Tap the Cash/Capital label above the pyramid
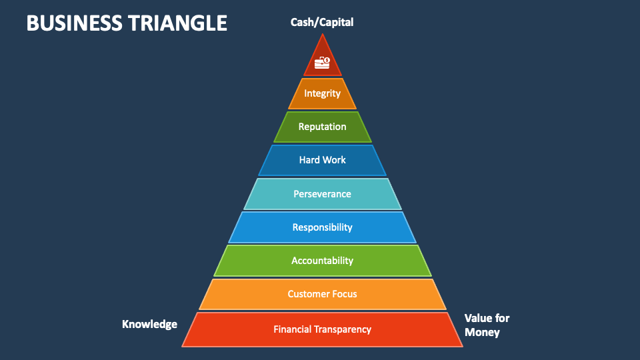click(x=322, y=22)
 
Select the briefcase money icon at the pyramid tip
click(x=323, y=62)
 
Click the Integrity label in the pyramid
click(x=323, y=93)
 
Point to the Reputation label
click(x=323, y=127)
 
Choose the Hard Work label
click(x=323, y=160)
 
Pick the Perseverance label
click(x=323, y=194)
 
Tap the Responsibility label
click(x=323, y=227)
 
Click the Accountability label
click(x=323, y=261)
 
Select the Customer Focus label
click(x=323, y=294)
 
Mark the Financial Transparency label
click(x=323, y=329)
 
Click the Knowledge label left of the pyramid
click(x=149, y=325)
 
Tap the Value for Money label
click(x=487, y=325)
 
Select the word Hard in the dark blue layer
click(x=309, y=160)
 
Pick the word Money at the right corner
click(x=482, y=332)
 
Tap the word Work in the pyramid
click(x=335, y=160)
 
